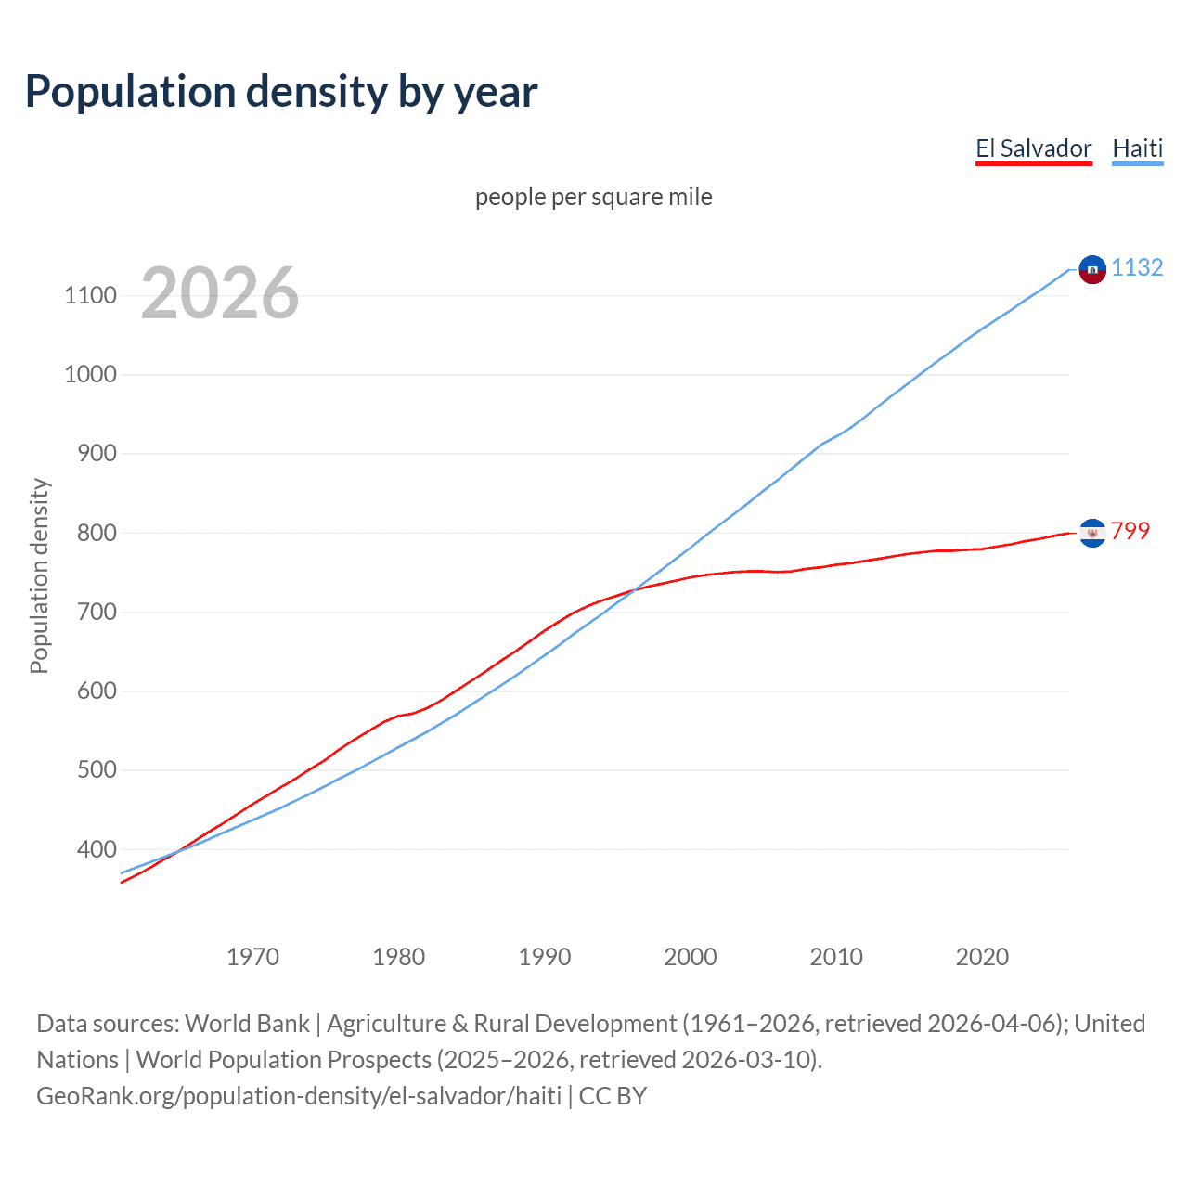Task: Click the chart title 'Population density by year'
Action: pyautogui.click(x=281, y=92)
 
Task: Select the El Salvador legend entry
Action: pyautogui.click(x=1033, y=148)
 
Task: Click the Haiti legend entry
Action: pyautogui.click(x=1137, y=148)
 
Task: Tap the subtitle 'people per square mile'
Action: pyautogui.click(x=593, y=197)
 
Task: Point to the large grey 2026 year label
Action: pyautogui.click(x=220, y=293)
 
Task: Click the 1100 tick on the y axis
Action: pyautogui.click(x=90, y=296)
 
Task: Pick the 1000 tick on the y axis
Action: pyautogui.click(x=90, y=375)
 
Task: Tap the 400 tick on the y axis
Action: pyautogui.click(x=96, y=849)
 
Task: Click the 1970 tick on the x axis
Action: pyautogui.click(x=252, y=957)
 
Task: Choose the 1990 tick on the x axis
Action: pyautogui.click(x=545, y=957)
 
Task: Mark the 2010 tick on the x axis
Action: pyautogui.click(x=836, y=957)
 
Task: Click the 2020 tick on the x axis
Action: pyautogui.click(x=982, y=957)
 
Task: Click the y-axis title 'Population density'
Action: pyautogui.click(x=39, y=575)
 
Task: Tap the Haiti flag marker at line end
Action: pyautogui.click(x=1092, y=269)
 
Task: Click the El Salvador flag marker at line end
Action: pyautogui.click(x=1092, y=533)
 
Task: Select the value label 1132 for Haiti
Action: pyautogui.click(x=1137, y=268)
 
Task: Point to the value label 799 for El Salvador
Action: pyautogui.click(x=1130, y=531)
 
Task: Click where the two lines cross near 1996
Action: pyautogui.click(x=635, y=589)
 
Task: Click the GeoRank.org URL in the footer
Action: pyautogui.click(x=299, y=1096)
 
